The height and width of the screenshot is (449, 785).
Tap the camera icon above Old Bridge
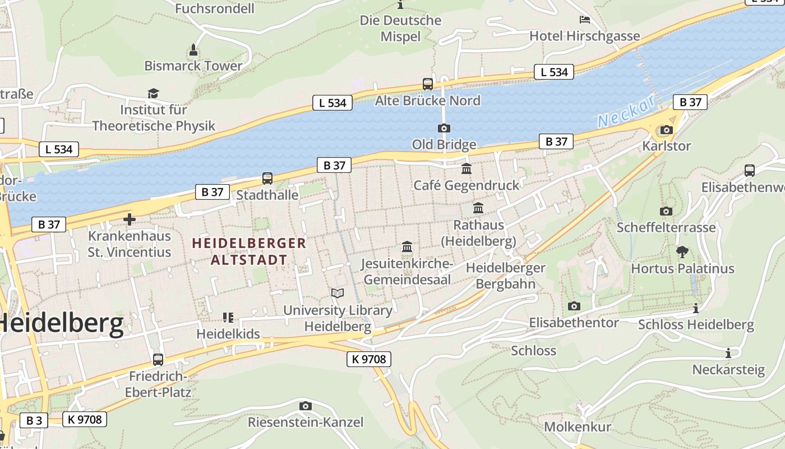(444, 128)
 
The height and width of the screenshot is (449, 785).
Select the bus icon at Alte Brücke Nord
(428, 84)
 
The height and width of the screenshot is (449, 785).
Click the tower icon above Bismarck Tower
(193, 50)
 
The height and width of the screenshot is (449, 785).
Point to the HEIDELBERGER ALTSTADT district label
(249, 251)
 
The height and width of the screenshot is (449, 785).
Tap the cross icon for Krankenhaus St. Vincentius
(130, 219)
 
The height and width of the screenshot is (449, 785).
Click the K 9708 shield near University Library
(368, 359)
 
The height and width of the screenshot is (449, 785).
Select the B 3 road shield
(34, 420)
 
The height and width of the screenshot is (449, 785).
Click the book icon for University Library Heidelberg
(337, 293)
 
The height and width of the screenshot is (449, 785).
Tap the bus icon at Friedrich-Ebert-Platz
(158, 359)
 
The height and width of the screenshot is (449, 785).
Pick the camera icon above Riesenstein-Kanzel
(305, 406)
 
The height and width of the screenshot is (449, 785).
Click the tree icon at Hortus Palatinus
(682, 251)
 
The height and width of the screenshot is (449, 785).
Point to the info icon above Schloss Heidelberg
(696, 308)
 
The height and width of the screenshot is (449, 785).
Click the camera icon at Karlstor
(666, 130)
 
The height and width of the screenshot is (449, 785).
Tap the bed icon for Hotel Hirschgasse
(585, 20)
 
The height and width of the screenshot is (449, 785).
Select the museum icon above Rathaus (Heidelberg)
(478, 208)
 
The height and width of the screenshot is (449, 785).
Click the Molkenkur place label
(577, 427)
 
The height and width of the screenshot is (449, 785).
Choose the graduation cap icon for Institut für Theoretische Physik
(153, 93)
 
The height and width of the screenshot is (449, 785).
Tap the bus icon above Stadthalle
(267, 178)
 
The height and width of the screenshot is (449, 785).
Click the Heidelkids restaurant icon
(228, 318)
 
